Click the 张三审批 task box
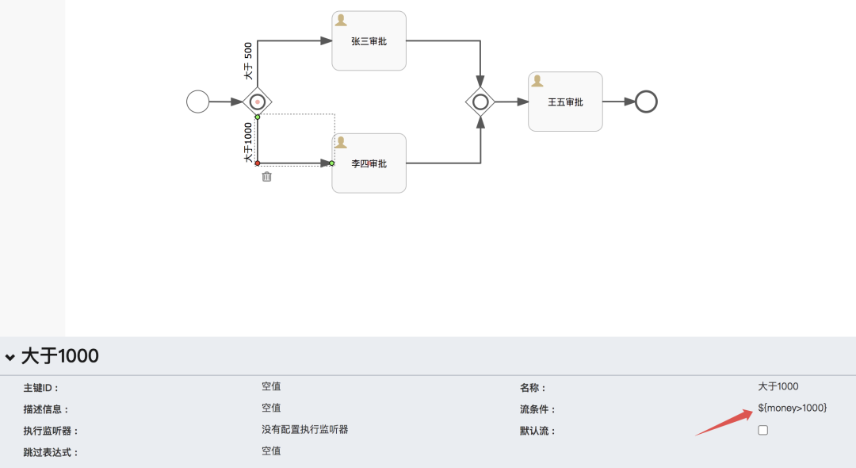pyautogui.click(x=369, y=41)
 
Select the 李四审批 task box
pyautogui.click(x=369, y=163)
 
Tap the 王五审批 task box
pyautogui.click(x=565, y=102)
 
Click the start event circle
pyautogui.click(x=197, y=102)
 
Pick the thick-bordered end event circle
pyautogui.click(x=646, y=102)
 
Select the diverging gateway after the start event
pyautogui.click(x=258, y=102)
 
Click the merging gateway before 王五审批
pyautogui.click(x=480, y=102)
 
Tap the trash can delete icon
pyautogui.click(x=267, y=177)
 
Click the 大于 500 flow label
pyautogui.click(x=248, y=61)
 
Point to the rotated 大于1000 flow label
pyautogui.click(x=248, y=143)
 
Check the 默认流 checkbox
pyautogui.click(x=763, y=430)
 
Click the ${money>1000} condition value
pyautogui.click(x=792, y=408)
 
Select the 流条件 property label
pyautogui.click(x=537, y=410)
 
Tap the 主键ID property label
pyautogui.click(x=41, y=389)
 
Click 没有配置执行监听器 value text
pyautogui.click(x=305, y=430)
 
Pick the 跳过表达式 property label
pyautogui.click(x=51, y=453)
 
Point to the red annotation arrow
pyautogui.click(x=723, y=423)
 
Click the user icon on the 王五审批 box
pyautogui.click(x=537, y=81)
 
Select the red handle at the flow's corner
pyautogui.click(x=258, y=163)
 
